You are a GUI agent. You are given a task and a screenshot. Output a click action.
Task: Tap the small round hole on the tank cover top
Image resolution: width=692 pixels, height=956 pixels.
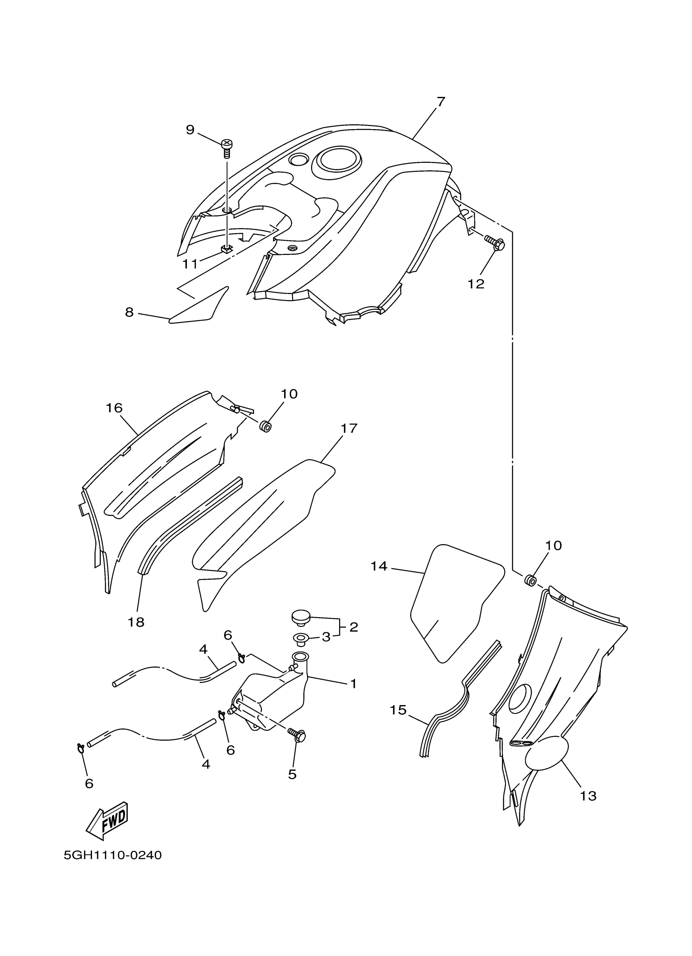pyautogui.click(x=300, y=160)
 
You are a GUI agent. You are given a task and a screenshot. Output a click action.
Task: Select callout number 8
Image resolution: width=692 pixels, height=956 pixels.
pyautogui.click(x=129, y=312)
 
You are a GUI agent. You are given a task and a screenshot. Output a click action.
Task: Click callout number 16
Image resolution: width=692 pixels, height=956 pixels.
pyautogui.click(x=114, y=408)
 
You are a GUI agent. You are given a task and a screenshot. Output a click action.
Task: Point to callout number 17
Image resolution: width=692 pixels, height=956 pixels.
pyautogui.click(x=349, y=428)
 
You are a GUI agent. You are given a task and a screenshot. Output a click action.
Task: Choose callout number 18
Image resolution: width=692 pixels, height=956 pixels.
pyautogui.click(x=136, y=622)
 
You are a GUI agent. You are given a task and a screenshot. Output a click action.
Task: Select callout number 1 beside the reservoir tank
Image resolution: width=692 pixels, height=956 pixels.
pyautogui.click(x=353, y=683)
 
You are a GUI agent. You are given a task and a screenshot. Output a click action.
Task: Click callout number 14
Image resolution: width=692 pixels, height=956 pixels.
pyautogui.click(x=379, y=566)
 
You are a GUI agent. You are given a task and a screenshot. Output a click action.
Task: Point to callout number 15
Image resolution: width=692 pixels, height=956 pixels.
pyautogui.click(x=398, y=710)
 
